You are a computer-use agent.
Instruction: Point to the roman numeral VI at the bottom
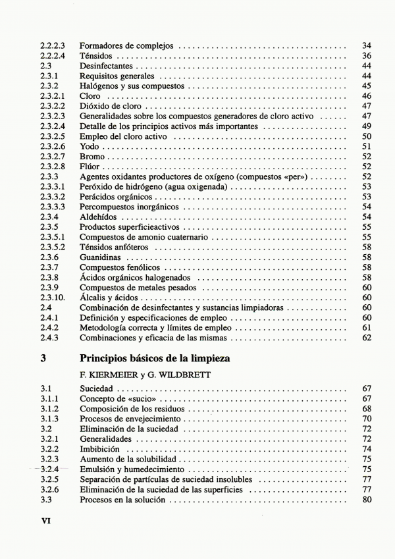pyautogui.click(x=47, y=519)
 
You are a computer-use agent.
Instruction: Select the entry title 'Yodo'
pyautogui.click(x=89, y=146)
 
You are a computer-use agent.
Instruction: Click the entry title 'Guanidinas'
pyautogui.click(x=100, y=257)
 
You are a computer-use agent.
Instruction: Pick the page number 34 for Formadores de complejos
pyautogui.click(x=367, y=46)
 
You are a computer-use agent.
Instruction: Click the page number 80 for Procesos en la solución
pyautogui.click(x=367, y=500)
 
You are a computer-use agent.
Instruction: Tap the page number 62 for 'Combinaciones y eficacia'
pyautogui.click(x=367, y=338)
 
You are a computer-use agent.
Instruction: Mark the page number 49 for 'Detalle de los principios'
pyautogui.click(x=367, y=126)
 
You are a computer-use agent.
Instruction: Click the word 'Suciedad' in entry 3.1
pyautogui.click(x=96, y=389)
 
